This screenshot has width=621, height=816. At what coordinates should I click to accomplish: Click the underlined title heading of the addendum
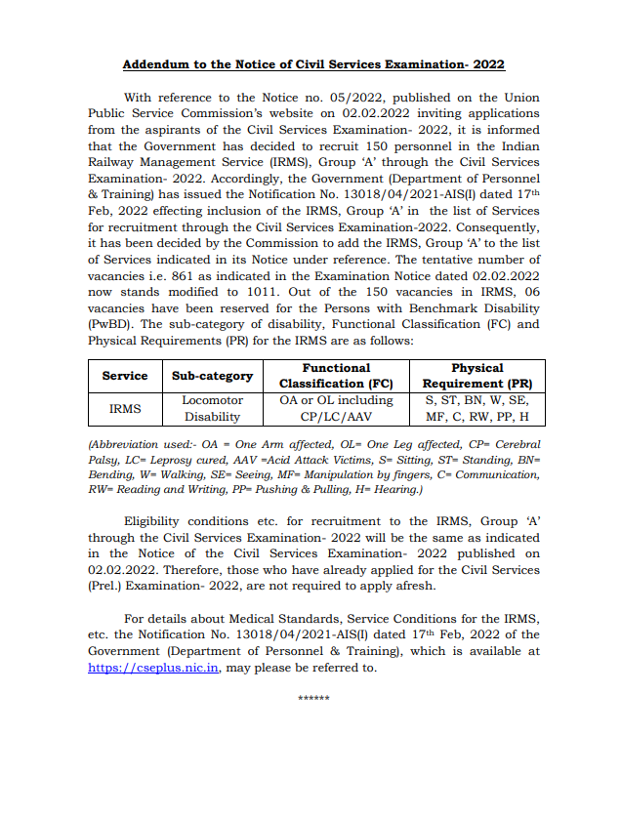[313, 65]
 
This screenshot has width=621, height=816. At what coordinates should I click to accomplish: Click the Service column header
[125, 375]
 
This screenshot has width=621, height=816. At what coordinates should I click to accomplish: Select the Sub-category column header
[212, 375]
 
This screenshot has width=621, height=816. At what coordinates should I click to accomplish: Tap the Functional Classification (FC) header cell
[335, 375]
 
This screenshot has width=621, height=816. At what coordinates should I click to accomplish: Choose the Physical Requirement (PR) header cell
[477, 375]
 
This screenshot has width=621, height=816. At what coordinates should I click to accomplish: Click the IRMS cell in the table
[125, 408]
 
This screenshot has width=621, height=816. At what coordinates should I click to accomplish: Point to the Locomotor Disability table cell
[212, 408]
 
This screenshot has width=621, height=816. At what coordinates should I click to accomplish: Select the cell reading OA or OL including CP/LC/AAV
[335, 408]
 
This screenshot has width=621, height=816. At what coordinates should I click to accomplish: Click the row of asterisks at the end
[312, 700]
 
